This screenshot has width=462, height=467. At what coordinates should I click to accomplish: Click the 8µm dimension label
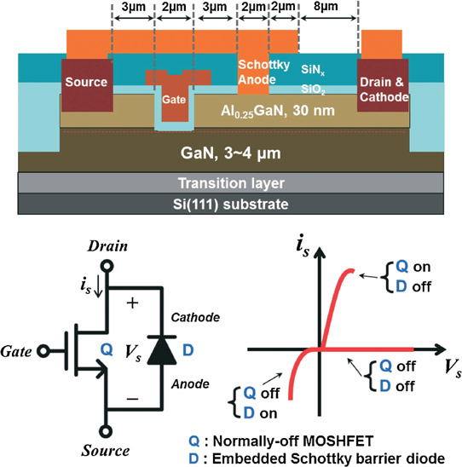click(326, 7)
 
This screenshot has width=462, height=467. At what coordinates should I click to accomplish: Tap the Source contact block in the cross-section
click(87, 85)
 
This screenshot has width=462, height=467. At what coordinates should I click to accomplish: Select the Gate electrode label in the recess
click(174, 100)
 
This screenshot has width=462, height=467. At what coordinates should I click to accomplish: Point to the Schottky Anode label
click(263, 72)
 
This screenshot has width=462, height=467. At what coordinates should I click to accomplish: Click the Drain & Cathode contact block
click(383, 85)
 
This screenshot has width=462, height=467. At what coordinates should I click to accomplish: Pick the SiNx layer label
click(313, 70)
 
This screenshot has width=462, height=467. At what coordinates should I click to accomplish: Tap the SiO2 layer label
click(313, 89)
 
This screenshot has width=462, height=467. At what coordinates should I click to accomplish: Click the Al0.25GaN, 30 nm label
click(278, 112)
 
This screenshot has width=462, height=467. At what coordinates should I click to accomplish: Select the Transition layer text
click(231, 183)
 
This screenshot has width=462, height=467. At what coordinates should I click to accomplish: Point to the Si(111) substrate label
click(230, 205)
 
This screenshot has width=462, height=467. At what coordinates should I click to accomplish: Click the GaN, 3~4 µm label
click(230, 153)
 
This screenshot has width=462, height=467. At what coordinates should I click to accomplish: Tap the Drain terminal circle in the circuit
click(107, 266)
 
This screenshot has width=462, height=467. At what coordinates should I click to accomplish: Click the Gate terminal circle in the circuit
click(43, 351)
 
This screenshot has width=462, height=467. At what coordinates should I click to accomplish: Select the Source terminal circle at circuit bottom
click(106, 431)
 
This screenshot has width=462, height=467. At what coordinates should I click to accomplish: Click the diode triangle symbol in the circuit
click(162, 351)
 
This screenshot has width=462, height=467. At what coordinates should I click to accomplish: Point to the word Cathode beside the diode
click(195, 318)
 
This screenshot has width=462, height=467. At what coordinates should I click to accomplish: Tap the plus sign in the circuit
click(133, 303)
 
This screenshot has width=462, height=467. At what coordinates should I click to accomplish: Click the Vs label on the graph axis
click(453, 367)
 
